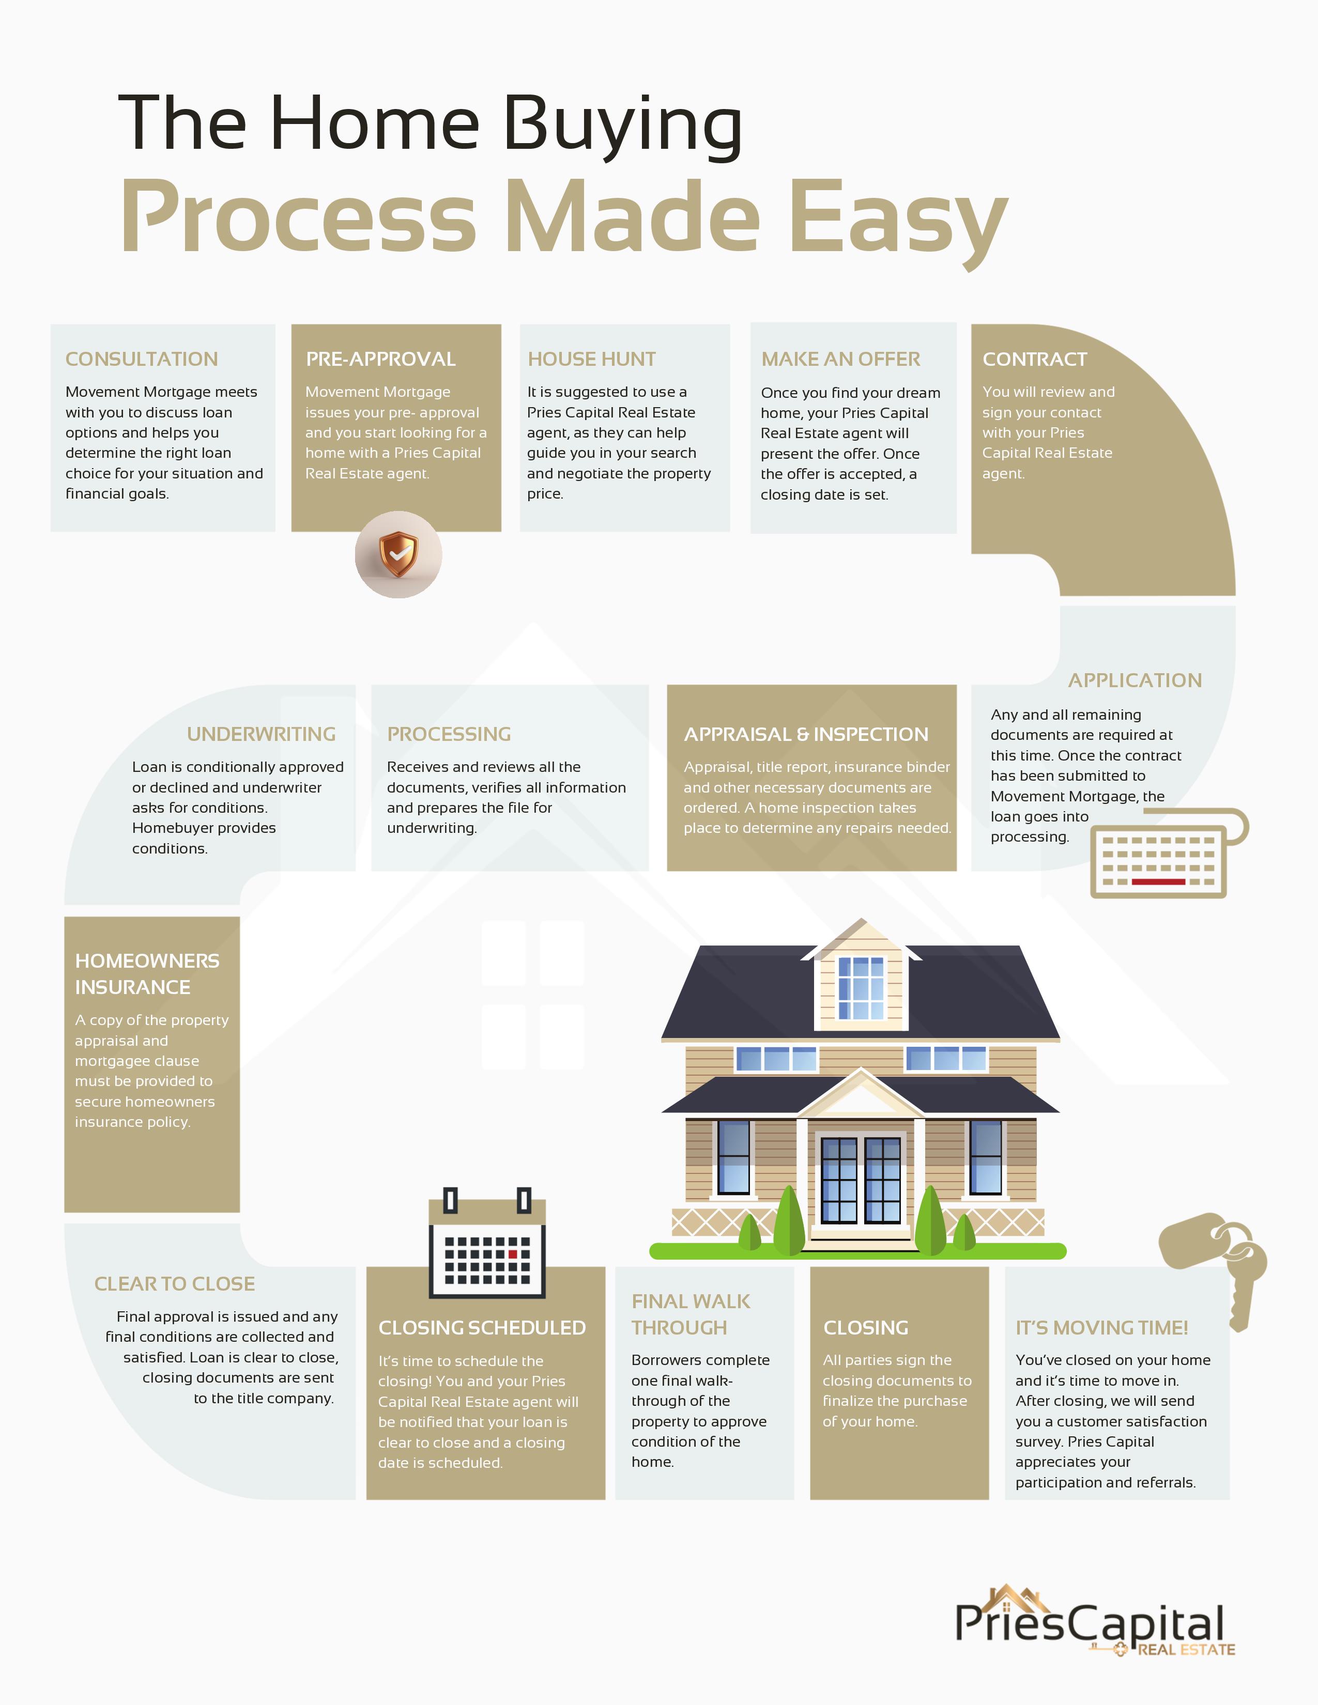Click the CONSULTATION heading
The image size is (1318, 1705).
[141, 359]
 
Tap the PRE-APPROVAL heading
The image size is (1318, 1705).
[380, 359]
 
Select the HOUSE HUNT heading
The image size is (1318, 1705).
[591, 359]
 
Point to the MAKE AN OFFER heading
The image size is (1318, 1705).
[840, 359]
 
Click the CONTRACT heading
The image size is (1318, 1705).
[1035, 359]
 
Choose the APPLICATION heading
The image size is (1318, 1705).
[1135, 680]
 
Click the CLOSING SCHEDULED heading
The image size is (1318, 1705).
[482, 1327]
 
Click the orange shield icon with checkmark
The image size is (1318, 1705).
[398, 554]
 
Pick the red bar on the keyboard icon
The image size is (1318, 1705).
[1158, 881]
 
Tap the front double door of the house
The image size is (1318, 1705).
[861, 1181]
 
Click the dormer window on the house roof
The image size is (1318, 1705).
[861, 987]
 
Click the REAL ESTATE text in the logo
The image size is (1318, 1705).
[1186, 1650]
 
